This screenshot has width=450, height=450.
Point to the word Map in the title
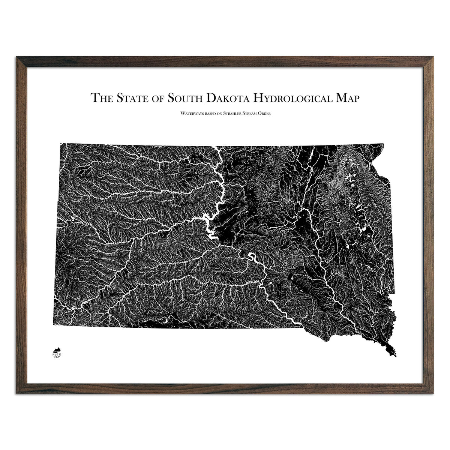coord(346,98)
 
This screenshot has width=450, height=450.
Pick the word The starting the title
coord(102,98)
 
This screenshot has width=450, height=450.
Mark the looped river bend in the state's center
coord(251,258)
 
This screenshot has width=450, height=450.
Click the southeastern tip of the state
coord(394,355)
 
